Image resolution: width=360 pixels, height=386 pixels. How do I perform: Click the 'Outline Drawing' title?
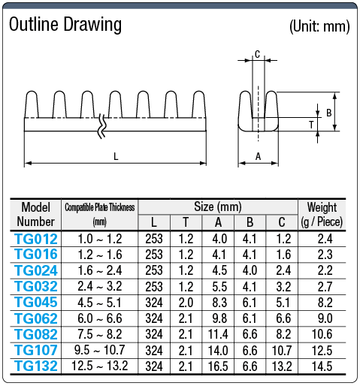click(x=65, y=24)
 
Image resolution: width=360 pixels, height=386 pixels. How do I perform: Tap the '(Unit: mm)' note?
click(x=319, y=26)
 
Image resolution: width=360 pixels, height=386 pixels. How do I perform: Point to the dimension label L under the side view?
click(x=115, y=156)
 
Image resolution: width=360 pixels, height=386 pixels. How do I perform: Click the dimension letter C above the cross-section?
click(x=257, y=54)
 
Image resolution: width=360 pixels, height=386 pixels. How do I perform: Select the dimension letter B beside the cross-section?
click(x=328, y=113)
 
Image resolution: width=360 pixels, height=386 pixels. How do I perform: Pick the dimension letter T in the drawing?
click(x=311, y=125)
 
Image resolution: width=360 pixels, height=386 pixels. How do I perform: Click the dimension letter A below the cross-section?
click(x=258, y=156)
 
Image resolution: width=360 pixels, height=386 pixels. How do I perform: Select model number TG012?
click(x=35, y=239)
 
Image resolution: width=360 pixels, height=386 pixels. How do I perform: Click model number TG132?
click(x=35, y=366)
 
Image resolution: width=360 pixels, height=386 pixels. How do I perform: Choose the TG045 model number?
click(x=35, y=302)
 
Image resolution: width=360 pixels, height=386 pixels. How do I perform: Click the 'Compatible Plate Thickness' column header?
click(x=100, y=207)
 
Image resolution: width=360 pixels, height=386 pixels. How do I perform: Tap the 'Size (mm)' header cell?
click(x=218, y=207)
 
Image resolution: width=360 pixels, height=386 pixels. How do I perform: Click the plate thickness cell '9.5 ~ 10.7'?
click(x=100, y=350)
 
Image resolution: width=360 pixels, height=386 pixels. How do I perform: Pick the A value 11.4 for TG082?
click(x=217, y=334)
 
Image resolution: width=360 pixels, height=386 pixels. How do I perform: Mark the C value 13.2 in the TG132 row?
click(x=282, y=366)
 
